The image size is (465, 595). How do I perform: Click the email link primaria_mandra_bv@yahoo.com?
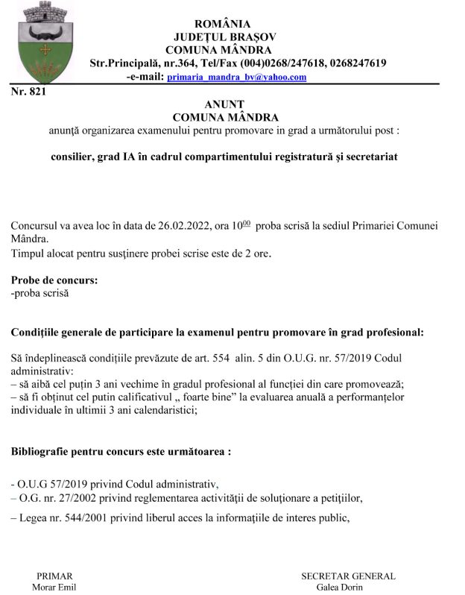pos(237,77)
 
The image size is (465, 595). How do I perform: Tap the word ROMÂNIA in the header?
pos(222,24)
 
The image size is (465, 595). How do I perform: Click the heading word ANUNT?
pos(224,104)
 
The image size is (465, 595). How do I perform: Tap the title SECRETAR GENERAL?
pos(348,576)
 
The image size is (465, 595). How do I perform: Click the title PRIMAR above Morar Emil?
pos(54,576)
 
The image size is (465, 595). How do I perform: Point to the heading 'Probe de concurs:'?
pos(54,281)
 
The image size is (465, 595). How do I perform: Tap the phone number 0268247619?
pos(350,63)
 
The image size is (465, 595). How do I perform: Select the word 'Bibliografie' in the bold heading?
pos(44,452)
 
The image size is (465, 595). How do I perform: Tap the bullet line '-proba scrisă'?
pos(39,294)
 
